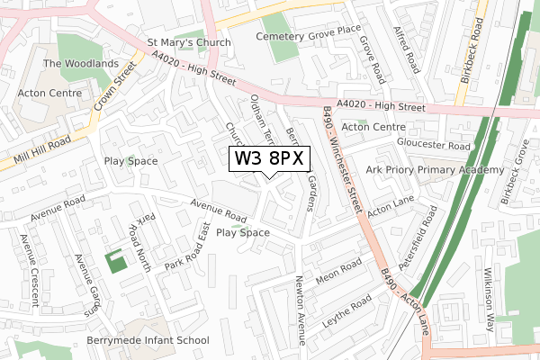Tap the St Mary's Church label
[x=189, y=41]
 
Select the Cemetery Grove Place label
[x=306, y=36]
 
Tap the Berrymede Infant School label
[x=148, y=340]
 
